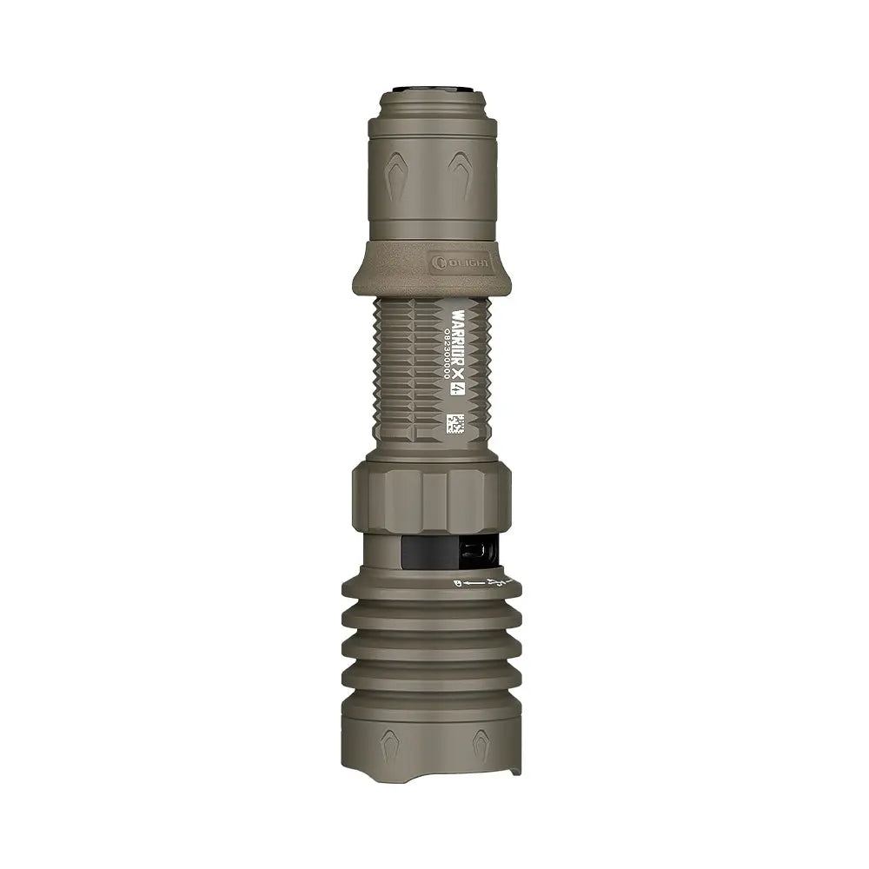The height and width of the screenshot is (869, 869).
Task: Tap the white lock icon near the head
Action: click(x=457, y=584)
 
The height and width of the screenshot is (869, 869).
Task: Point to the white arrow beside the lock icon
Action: click(x=471, y=581)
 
